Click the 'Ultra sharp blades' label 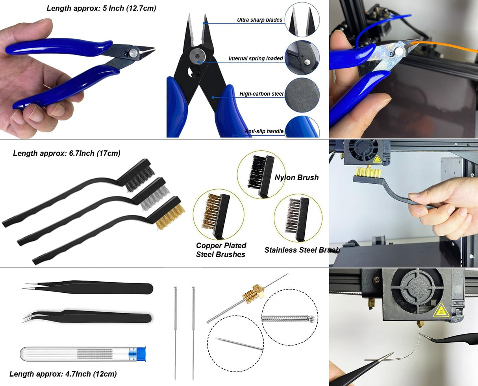point(259,20)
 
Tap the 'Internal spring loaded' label point(256,58)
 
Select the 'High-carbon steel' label point(261,94)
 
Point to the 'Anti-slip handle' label point(264,131)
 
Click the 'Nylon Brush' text point(296,177)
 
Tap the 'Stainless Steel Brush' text point(302,250)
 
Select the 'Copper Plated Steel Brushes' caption point(221,250)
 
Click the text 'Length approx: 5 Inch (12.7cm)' point(101,8)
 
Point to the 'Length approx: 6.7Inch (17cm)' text point(67,153)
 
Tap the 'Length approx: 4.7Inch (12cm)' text point(63,374)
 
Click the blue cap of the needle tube point(141,354)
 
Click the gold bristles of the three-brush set point(170,217)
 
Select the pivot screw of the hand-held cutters point(133,52)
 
